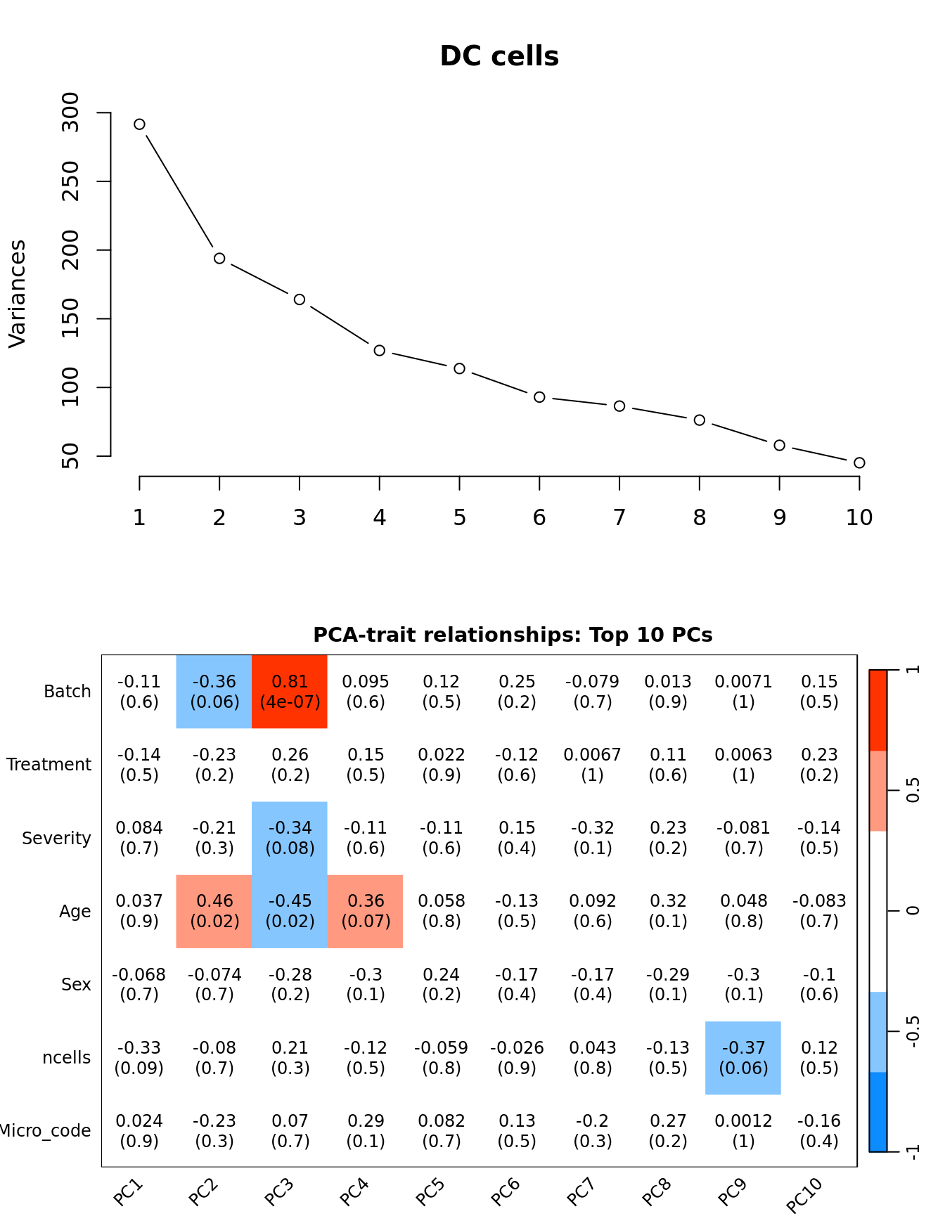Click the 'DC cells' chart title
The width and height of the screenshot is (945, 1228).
(499, 56)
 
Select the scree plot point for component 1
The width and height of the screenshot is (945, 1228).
(139, 124)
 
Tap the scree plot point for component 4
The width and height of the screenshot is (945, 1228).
(380, 350)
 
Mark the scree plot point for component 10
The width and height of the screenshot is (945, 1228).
(859, 463)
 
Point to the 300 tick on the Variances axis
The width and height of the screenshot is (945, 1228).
(71, 112)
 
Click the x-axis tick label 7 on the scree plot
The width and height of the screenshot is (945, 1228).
(619, 518)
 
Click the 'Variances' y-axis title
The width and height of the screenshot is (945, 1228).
(18, 293)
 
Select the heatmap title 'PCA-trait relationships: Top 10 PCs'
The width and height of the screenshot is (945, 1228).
(513, 635)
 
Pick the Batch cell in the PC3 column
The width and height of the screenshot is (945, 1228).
(290, 692)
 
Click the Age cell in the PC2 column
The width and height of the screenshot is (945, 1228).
(214, 911)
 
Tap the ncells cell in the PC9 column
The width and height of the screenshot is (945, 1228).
(743, 1058)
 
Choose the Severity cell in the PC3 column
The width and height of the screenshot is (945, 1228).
(290, 838)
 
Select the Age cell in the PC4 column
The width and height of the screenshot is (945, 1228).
(366, 911)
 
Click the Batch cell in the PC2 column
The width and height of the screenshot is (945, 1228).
(214, 692)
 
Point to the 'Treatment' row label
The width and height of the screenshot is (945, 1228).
(49, 765)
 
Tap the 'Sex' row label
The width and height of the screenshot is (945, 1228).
(76, 984)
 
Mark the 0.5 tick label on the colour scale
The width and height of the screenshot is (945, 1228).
(913, 790)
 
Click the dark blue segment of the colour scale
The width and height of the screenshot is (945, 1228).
(877, 1111)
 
